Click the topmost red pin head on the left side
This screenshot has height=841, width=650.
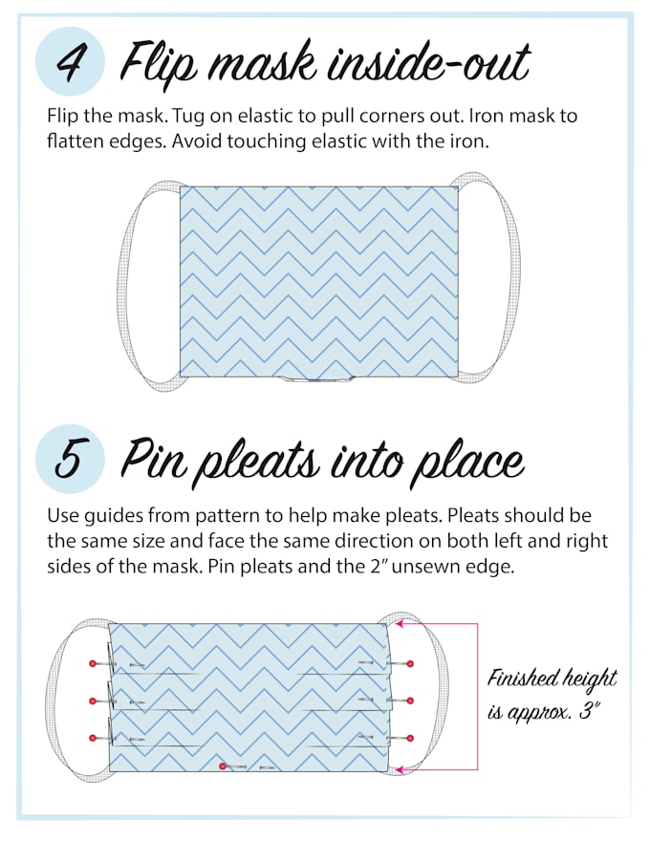tap(93, 662)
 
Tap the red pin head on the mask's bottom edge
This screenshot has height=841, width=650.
tap(223, 766)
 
